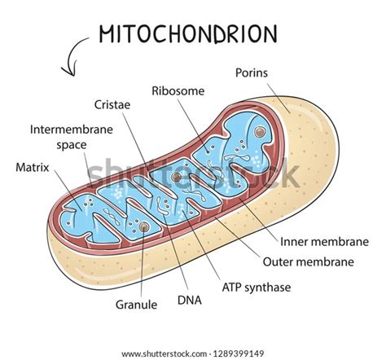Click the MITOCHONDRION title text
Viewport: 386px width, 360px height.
pyautogui.click(x=188, y=34)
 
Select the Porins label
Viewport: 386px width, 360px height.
pyautogui.click(x=252, y=73)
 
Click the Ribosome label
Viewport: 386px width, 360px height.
pyautogui.click(x=178, y=91)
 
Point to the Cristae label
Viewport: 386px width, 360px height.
pyautogui.click(x=112, y=105)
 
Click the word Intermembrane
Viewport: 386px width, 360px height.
pyautogui.click(x=72, y=130)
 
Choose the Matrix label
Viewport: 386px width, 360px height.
pyautogui.click(x=33, y=168)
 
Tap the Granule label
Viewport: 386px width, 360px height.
pyautogui.click(x=136, y=305)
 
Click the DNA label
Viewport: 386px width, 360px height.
pyautogui.click(x=190, y=301)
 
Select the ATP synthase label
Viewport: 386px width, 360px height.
pyautogui.click(x=257, y=288)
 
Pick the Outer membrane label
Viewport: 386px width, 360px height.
pyautogui.click(x=309, y=262)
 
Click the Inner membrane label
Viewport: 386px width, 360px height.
pyautogui.click(x=324, y=242)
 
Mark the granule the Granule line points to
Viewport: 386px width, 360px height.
pyautogui.click(x=144, y=226)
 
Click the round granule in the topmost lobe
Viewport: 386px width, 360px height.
pyautogui.click(x=260, y=132)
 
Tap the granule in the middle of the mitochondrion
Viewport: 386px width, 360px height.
pyautogui.click(x=176, y=177)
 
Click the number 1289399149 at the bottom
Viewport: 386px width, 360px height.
pyautogui.click(x=239, y=354)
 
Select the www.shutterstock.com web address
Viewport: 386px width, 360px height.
pyautogui.click(x=164, y=354)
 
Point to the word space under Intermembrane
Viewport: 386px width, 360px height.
pyautogui.click(x=72, y=146)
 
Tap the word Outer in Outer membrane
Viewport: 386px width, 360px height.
pyautogui.click(x=277, y=262)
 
